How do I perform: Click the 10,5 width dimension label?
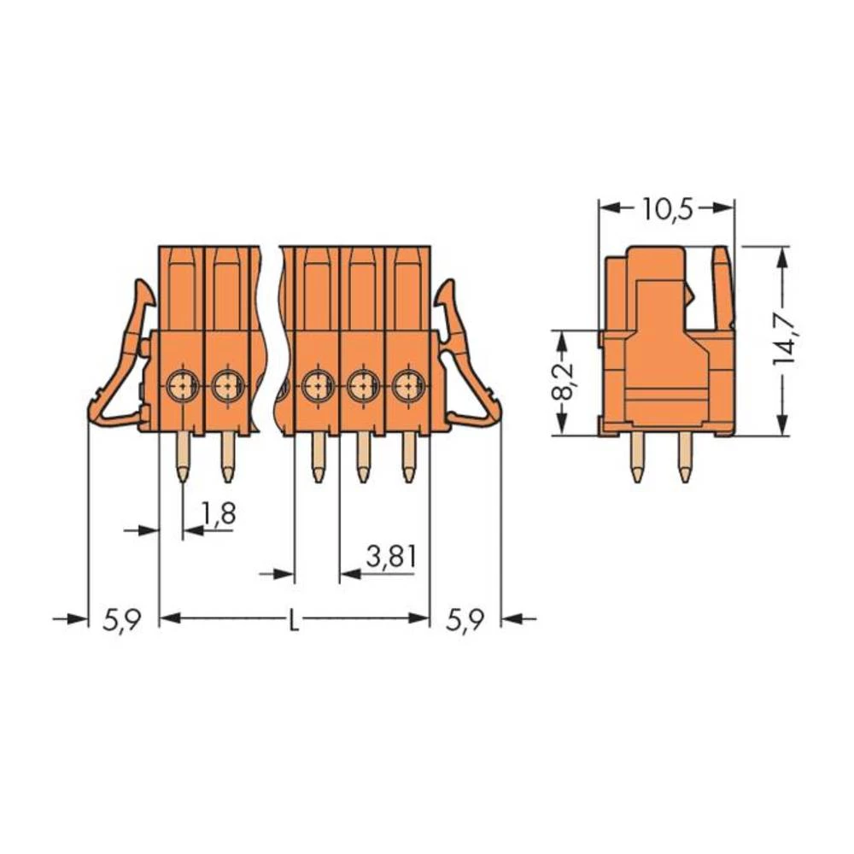tap(667, 209)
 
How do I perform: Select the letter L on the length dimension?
tap(293, 619)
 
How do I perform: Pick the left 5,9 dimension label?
tap(121, 620)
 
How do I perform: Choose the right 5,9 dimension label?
tap(465, 620)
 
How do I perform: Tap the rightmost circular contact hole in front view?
tap(408, 385)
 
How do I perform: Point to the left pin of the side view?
tap(637, 459)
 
